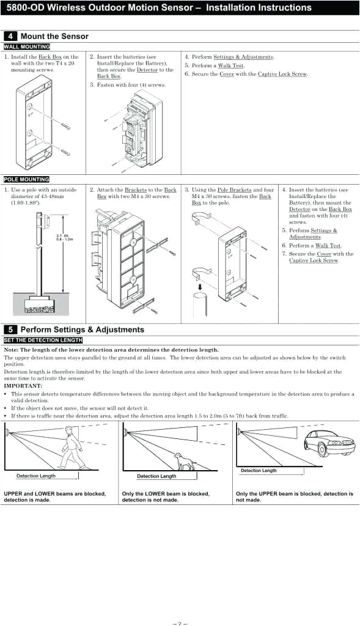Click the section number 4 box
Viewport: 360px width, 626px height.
click(10, 36)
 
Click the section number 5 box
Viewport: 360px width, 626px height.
click(10, 330)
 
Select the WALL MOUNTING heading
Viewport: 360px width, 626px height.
click(26, 46)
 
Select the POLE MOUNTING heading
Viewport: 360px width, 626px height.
click(26, 179)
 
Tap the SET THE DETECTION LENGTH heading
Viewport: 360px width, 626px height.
click(43, 340)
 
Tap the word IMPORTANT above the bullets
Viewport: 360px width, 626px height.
click(23, 386)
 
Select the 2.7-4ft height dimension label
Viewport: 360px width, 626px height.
click(64, 237)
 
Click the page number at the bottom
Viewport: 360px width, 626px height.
click(179, 623)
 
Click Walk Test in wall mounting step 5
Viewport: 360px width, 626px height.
click(230, 65)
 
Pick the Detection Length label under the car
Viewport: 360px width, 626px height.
click(259, 471)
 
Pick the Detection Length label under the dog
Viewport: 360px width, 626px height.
click(156, 476)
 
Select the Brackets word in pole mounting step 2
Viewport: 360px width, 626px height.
click(136, 190)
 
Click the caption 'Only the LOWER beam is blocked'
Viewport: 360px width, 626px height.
click(166, 494)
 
